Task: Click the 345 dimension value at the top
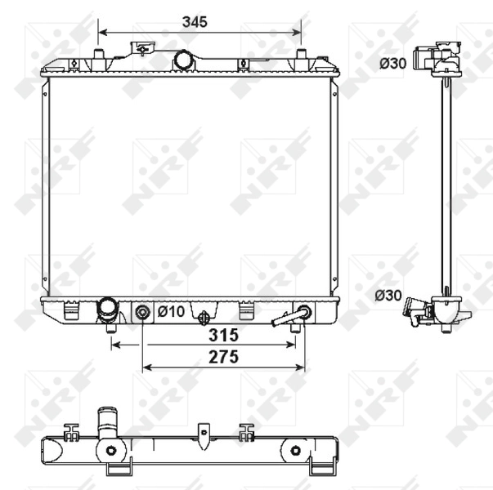pyautogui.click(x=195, y=22)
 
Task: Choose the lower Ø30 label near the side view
pyautogui.click(x=388, y=296)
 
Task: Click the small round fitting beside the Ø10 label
pyautogui.click(x=143, y=311)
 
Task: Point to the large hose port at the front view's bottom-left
pyautogui.click(x=107, y=310)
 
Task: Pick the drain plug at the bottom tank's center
pyautogui.click(x=204, y=315)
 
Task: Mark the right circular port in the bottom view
pyautogui.click(x=295, y=450)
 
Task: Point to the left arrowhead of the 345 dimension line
pyautogui.click(x=101, y=33)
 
